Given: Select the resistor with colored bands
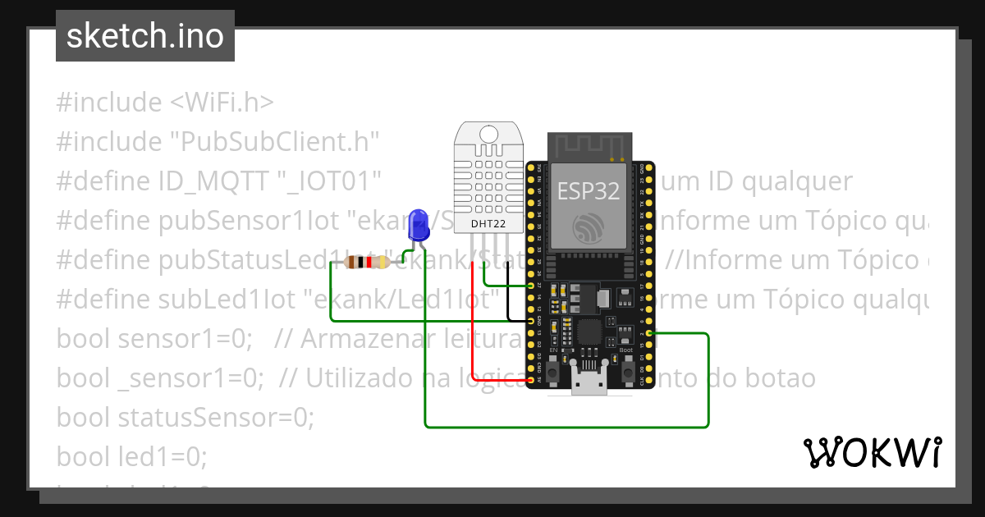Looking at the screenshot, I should [x=367, y=263].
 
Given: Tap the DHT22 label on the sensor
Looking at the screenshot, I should [x=489, y=222].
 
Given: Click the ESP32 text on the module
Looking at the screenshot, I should [x=589, y=191].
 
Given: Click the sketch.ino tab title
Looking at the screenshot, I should [x=144, y=36].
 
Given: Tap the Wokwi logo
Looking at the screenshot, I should [x=872, y=452].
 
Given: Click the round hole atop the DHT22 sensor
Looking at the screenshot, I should [x=489, y=134].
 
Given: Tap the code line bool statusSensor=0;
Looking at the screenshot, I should [x=186, y=417].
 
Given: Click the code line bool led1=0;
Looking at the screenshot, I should [x=132, y=455].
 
